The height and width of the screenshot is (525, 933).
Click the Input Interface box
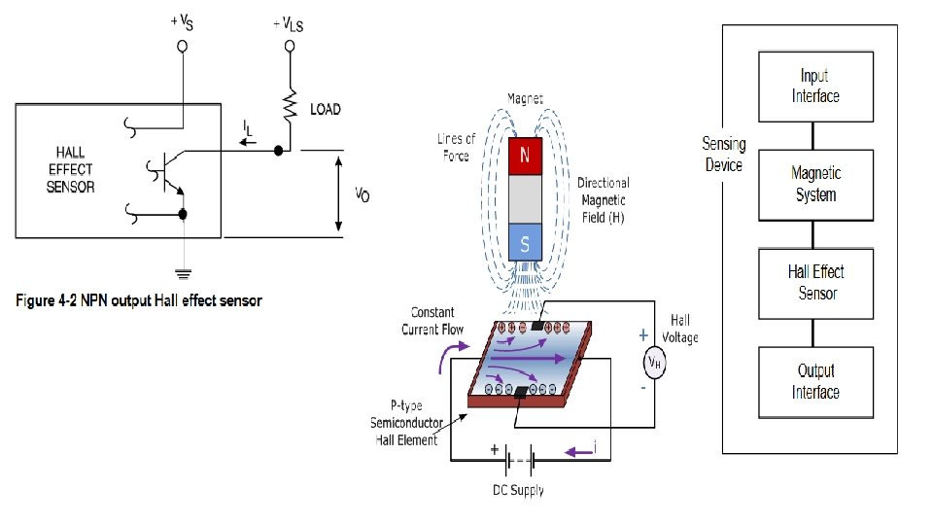[815, 87]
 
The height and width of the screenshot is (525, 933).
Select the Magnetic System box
[815, 185]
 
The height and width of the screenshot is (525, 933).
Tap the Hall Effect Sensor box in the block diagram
[815, 284]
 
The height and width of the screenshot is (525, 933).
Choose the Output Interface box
[815, 382]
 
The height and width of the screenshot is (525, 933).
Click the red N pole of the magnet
[525, 156]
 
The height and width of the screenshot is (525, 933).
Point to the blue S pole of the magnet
[525, 242]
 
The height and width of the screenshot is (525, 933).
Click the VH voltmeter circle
[654, 363]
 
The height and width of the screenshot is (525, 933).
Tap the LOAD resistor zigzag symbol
[290, 105]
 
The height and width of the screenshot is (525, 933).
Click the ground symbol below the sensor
[184, 274]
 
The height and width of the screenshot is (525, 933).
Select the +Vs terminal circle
[183, 46]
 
